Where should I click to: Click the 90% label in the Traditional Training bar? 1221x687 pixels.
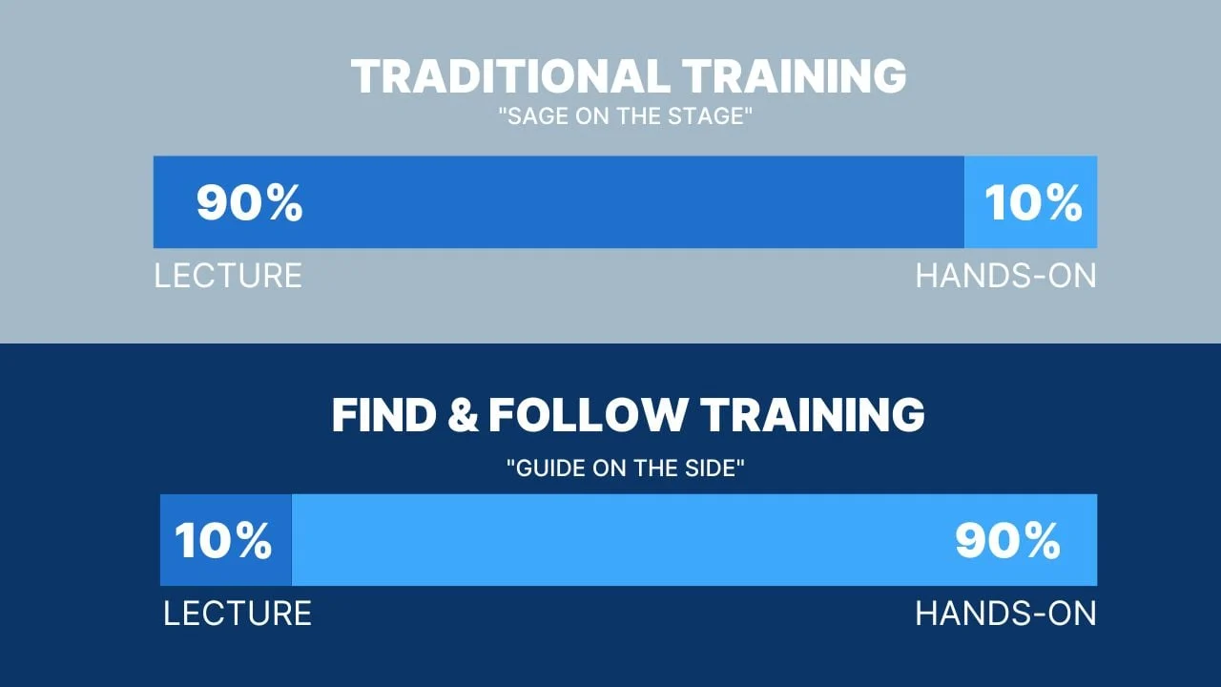click(249, 202)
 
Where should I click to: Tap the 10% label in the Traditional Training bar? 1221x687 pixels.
click(1033, 202)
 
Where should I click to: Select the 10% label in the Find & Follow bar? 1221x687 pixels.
click(223, 540)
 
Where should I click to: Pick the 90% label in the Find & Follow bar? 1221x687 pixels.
click(1008, 540)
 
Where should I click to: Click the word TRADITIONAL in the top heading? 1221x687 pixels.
click(510, 75)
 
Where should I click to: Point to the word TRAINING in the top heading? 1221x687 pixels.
click(795, 75)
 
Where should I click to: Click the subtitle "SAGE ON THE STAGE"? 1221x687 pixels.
click(625, 116)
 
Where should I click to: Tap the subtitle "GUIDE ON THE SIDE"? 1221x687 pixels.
click(625, 468)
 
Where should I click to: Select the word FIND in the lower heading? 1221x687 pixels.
click(384, 415)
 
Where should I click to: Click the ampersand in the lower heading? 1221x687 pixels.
click(463, 415)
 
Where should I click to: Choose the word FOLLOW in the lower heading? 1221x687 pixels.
click(588, 415)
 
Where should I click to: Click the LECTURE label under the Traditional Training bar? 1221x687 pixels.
click(228, 276)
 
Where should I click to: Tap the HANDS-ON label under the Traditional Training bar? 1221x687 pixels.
click(1005, 276)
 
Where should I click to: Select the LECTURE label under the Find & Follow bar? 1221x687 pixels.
click(238, 614)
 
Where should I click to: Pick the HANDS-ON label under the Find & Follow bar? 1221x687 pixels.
click(1005, 614)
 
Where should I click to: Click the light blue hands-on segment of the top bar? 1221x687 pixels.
click(1031, 202)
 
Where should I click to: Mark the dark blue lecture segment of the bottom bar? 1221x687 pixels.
click(226, 540)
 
